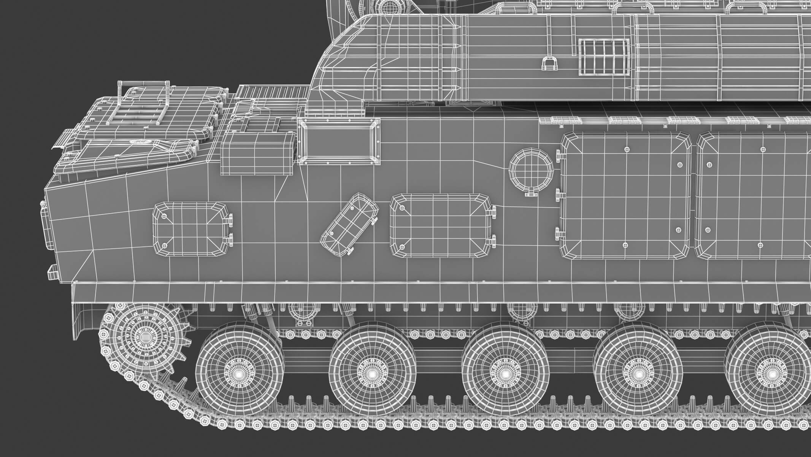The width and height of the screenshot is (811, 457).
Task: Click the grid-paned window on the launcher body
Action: (x=603, y=58)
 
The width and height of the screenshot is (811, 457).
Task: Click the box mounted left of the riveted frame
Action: (x=257, y=154)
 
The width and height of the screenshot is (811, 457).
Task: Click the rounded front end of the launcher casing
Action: (x=338, y=57)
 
